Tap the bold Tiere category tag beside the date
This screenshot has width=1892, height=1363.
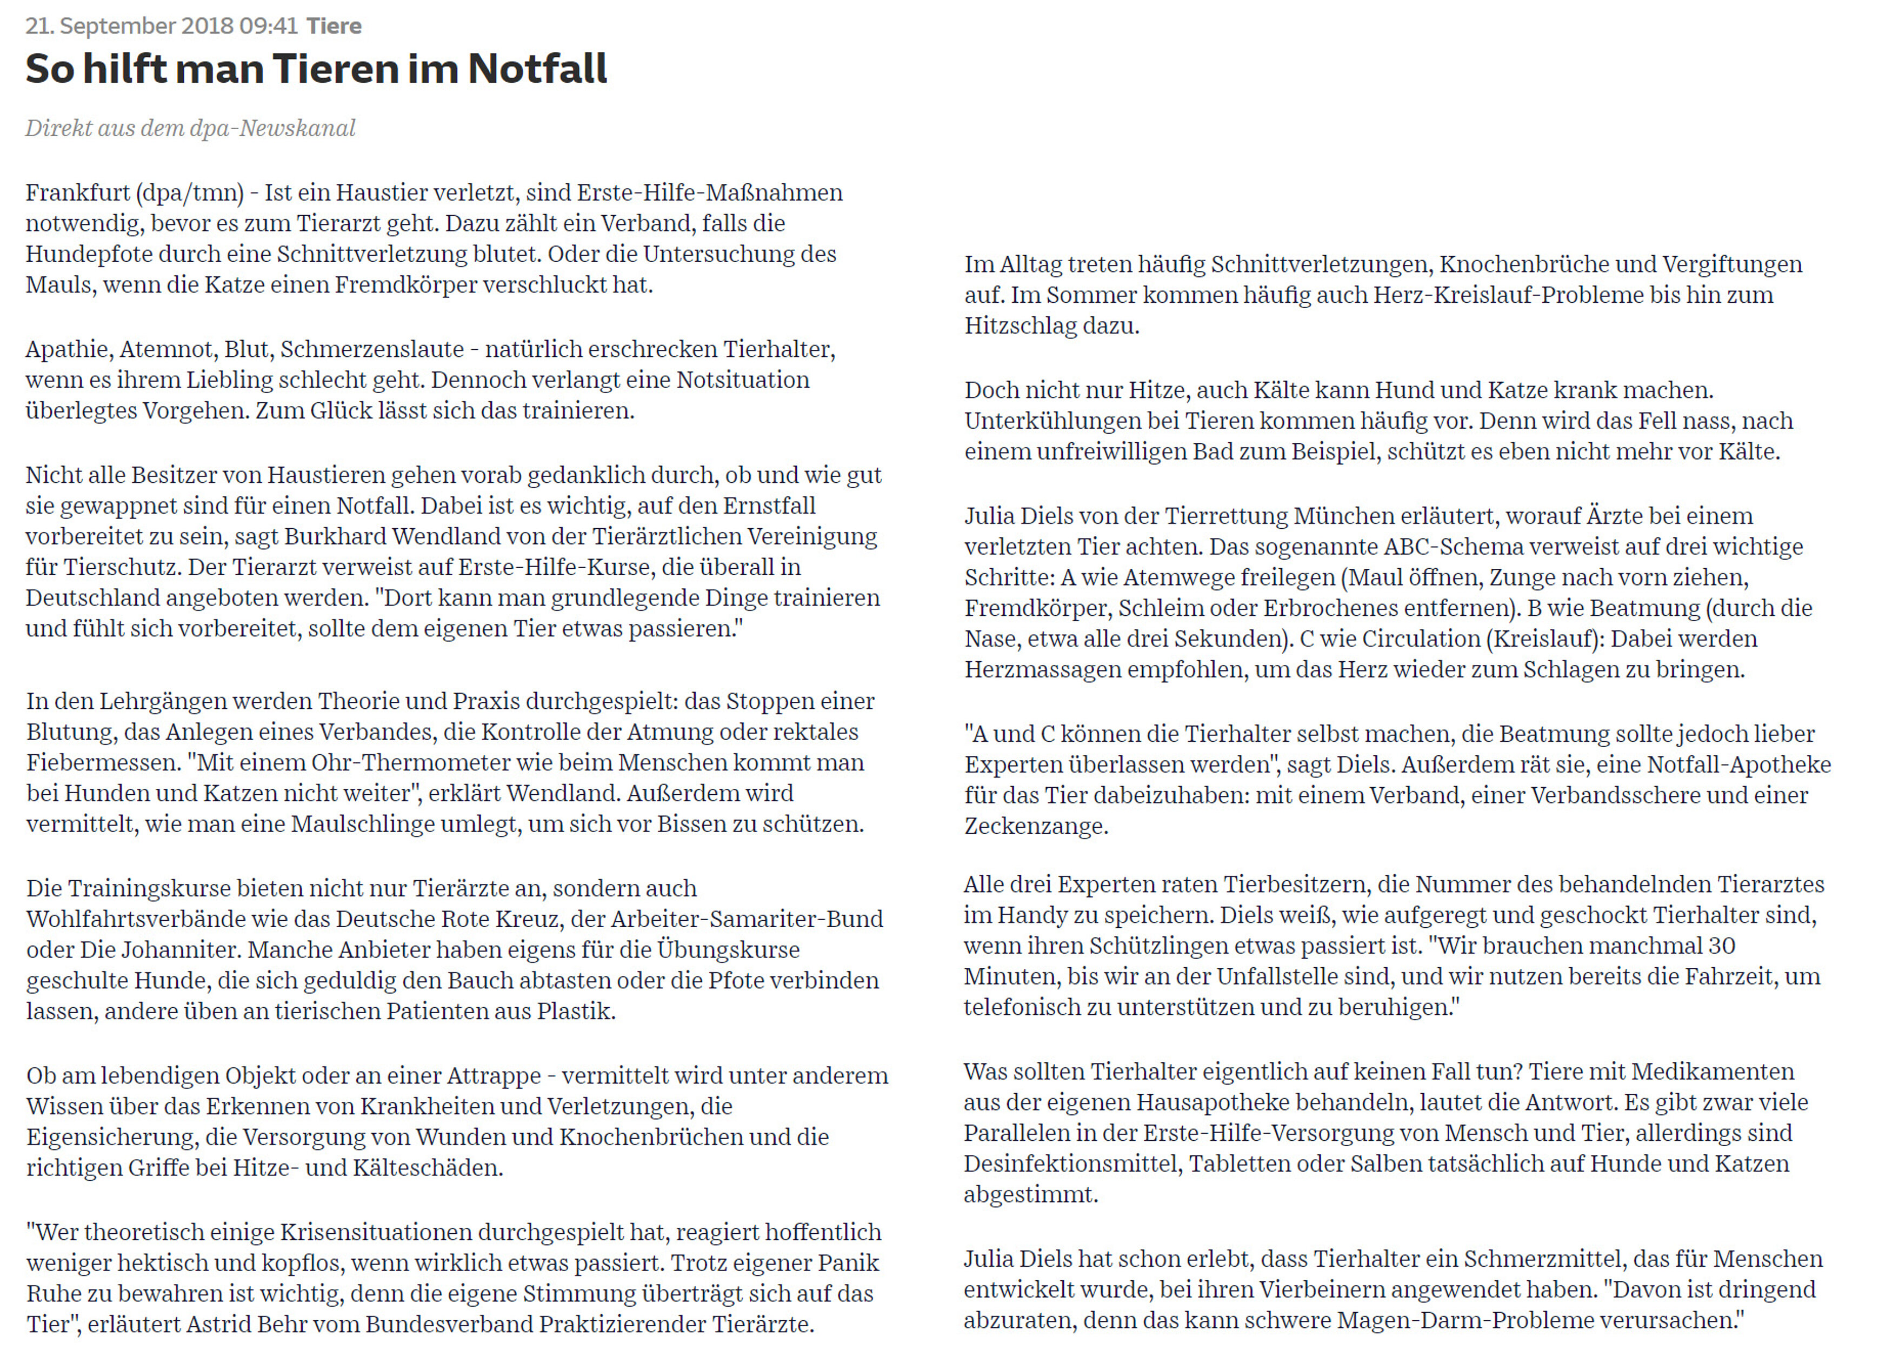pyautogui.click(x=334, y=26)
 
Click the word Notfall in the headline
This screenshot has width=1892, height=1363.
pyautogui.click(x=537, y=69)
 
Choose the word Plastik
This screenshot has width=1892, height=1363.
pyautogui.click(x=576, y=1012)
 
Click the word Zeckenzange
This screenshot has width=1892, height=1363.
pyautogui.click(x=1035, y=827)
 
